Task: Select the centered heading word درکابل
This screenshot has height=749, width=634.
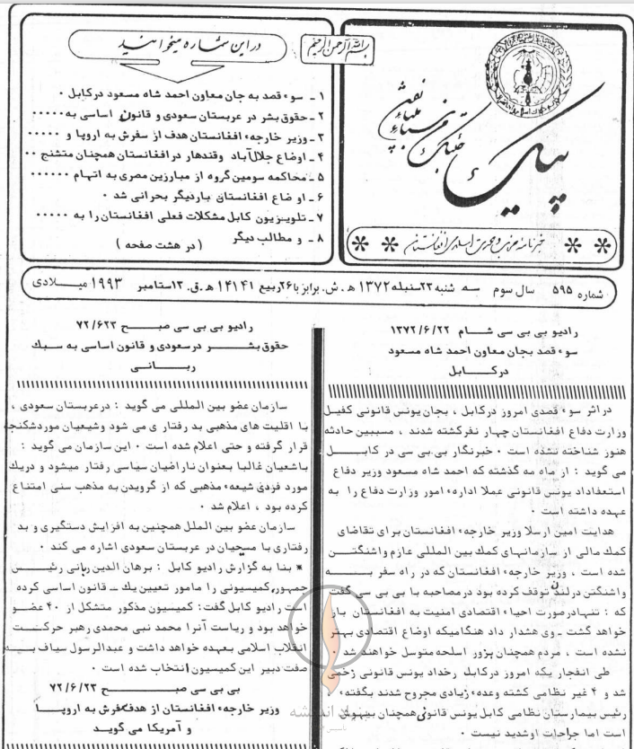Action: pos(455,366)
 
